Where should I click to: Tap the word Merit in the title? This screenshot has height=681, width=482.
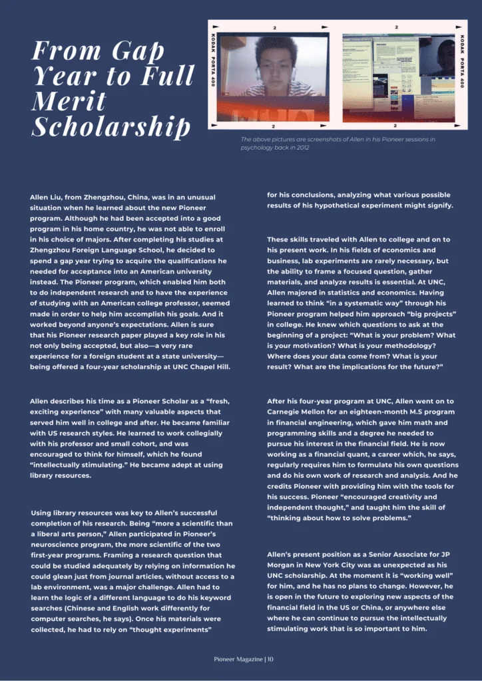[69, 101]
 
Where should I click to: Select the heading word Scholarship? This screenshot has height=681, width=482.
[111, 126]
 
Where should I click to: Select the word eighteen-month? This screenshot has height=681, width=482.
[389, 412]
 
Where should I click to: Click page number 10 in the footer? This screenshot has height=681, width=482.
[270, 659]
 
